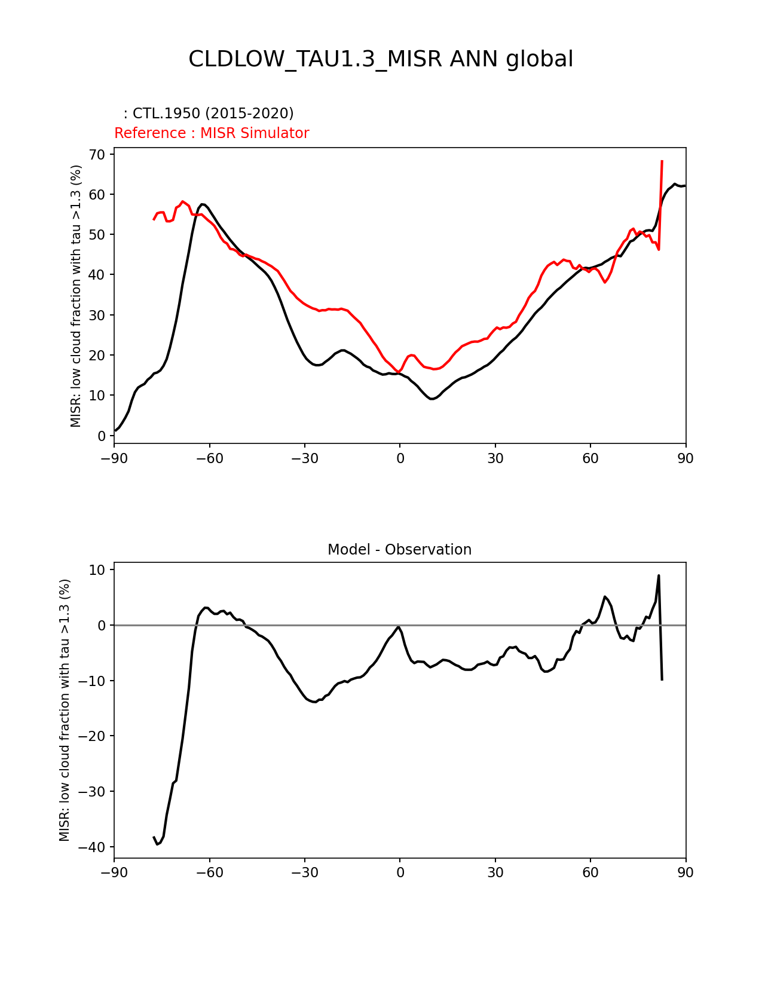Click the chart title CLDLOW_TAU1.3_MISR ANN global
coord(381,59)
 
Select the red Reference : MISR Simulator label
coord(212,133)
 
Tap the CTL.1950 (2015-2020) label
coord(208,114)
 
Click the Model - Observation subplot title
coord(399,550)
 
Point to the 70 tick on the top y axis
coord(97,155)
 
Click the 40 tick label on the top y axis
coord(97,275)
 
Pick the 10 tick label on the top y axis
coord(97,396)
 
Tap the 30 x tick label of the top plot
coord(495,458)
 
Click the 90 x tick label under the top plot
coord(686,458)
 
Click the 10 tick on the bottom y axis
coord(97,570)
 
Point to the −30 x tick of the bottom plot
coord(304,872)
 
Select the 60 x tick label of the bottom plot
coord(590,872)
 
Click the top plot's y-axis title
coord(76,296)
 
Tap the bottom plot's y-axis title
coord(65,710)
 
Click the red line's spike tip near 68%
coord(662,161)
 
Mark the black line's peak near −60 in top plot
coord(203,204)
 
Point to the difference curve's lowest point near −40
coord(157,844)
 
